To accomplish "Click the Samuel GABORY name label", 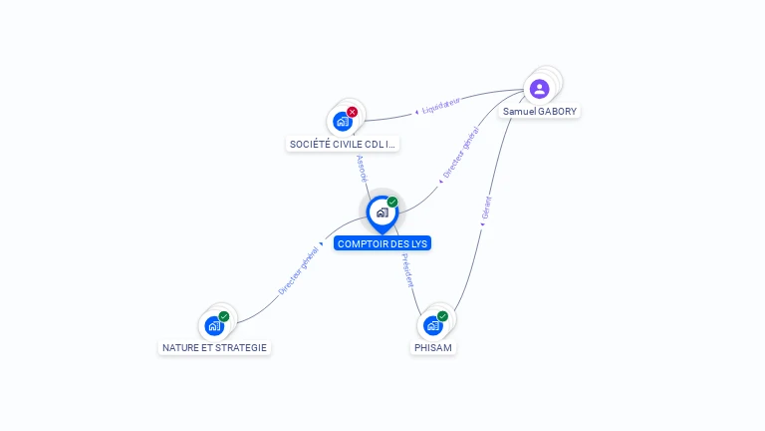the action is tap(540, 112).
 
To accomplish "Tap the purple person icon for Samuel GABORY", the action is tap(539, 89).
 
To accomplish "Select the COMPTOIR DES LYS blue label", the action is tap(382, 243).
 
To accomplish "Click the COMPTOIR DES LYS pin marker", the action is tap(382, 215).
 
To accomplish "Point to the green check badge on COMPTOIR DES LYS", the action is tap(392, 202).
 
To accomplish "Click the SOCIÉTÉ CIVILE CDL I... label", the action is tap(343, 144).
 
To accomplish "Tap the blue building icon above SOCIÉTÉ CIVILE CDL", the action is tap(343, 121).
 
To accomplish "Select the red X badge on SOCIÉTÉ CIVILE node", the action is tap(352, 112).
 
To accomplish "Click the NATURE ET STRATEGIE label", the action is tap(215, 348).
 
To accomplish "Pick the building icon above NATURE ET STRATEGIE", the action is tap(214, 325).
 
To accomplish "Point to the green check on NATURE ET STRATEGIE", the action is tap(224, 316).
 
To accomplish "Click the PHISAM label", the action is tap(433, 348).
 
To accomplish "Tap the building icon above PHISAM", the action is tap(432, 325).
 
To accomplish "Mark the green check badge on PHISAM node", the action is tap(442, 316).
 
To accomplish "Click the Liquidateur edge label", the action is tap(441, 106).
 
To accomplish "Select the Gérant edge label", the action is tap(486, 208).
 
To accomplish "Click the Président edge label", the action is tap(407, 270).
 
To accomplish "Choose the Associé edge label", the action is tap(362, 169).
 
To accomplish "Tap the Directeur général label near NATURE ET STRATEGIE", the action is tap(298, 270).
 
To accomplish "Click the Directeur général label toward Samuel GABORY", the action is tap(461, 152).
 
